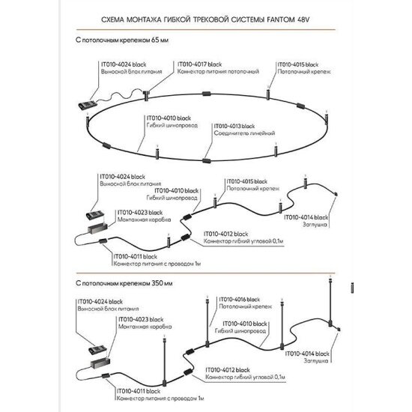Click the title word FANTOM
tap(281, 19)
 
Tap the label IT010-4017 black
tap(199, 64)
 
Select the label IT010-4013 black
tap(234, 126)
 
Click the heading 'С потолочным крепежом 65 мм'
tap(122, 40)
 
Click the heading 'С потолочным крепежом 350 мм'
tap(124, 283)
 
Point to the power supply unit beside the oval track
tap(88, 104)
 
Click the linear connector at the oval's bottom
tap(207, 160)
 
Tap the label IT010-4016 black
tap(240, 300)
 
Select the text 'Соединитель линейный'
tap(244, 133)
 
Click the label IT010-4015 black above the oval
tap(298, 64)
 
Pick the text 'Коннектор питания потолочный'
tap(218, 71)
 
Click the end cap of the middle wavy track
tap(336, 194)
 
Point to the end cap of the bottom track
tap(339, 329)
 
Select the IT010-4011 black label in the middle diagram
tap(135, 256)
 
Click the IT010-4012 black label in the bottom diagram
tap(228, 370)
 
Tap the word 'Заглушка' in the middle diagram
tap(315, 225)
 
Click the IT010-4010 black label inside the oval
tap(169, 118)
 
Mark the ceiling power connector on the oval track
tap(146, 95)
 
